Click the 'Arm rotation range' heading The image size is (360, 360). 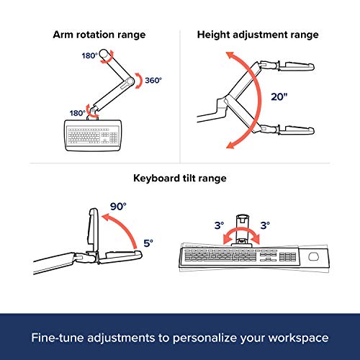click(99, 35)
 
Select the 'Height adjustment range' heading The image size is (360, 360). click(258, 35)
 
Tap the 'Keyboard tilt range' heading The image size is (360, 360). click(180, 179)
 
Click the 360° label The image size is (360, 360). click(153, 80)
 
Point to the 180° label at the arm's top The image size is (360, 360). click(90, 55)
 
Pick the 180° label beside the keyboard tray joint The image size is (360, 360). click(78, 113)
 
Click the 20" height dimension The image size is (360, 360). click(279, 96)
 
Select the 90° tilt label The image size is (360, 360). click(118, 207)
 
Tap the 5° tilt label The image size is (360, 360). click(148, 243)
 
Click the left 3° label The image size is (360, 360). click(219, 225)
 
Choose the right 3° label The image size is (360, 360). click(265, 225)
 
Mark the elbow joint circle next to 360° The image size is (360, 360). click(130, 81)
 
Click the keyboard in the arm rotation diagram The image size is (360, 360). click(93, 135)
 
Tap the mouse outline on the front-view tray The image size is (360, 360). click(313, 256)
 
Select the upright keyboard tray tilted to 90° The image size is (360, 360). click(94, 230)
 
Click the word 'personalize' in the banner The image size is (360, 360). click(205, 338)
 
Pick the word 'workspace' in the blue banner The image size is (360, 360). click(298, 338)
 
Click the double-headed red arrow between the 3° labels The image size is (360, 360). click(241, 230)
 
